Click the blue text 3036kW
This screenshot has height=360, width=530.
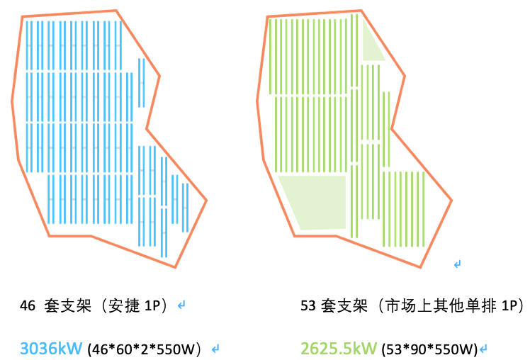[x=51, y=348]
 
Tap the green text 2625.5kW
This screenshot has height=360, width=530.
[x=339, y=348]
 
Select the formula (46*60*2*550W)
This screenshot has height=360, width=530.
[x=148, y=349]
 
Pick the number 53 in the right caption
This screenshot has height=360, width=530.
[x=308, y=306]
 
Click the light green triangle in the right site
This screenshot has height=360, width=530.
[x=371, y=44]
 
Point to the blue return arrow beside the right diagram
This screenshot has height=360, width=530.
[x=457, y=264]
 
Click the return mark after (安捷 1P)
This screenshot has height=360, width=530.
[x=181, y=306]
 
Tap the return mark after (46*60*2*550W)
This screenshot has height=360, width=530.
[x=215, y=349]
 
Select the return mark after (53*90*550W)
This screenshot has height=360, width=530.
[x=483, y=349]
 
